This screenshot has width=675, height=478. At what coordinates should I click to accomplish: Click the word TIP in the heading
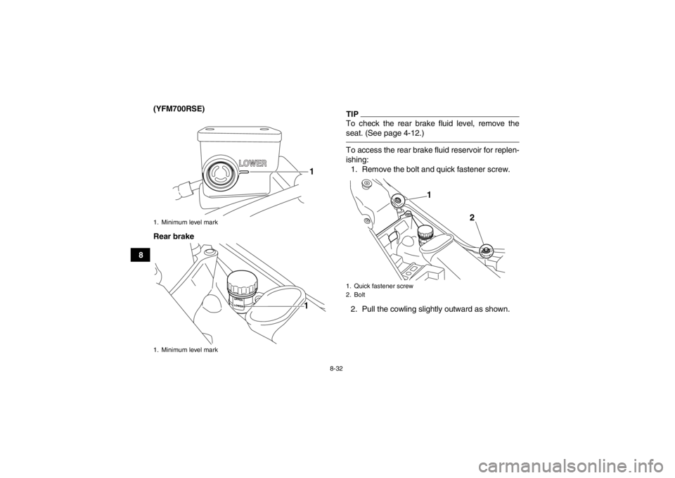[x=351, y=113]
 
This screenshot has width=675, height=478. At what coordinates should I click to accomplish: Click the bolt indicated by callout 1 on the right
[x=398, y=201]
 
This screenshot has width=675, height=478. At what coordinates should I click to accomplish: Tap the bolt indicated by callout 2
[x=486, y=250]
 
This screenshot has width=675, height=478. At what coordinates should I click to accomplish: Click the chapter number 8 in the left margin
[x=141, y=255]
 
